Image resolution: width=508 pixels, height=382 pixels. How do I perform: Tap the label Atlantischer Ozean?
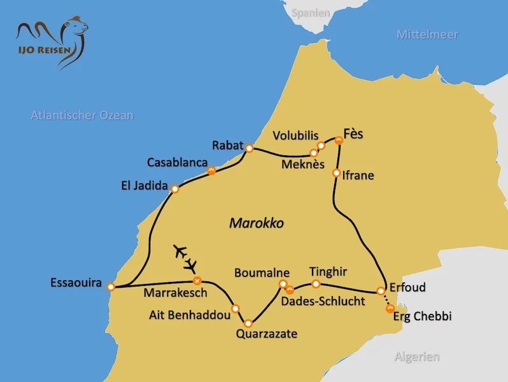point(82,115)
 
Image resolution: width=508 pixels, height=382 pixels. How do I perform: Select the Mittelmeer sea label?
point(427,34)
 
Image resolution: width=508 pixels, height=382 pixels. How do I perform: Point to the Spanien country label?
point(311,12)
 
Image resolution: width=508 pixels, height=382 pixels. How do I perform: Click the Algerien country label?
point(416,357)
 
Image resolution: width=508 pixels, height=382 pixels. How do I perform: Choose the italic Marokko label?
point(256,223)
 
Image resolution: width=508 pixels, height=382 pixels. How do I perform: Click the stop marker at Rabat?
point(250,148)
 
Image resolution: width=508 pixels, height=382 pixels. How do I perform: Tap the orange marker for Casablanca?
point(212,170)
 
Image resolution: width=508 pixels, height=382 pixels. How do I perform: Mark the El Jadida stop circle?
point(175,189)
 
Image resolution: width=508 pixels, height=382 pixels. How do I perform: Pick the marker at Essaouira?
point(111,286)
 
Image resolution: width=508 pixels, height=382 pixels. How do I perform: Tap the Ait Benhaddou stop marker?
point(236,308)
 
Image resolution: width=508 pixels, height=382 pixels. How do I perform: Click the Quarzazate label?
point(266,333)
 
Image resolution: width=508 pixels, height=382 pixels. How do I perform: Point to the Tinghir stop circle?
point(315,284)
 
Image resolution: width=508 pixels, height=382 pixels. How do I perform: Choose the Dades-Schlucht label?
point(323,301)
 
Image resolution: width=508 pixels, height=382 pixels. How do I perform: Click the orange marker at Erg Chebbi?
point(390,309)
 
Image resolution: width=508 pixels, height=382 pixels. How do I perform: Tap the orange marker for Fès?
point(339,140)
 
